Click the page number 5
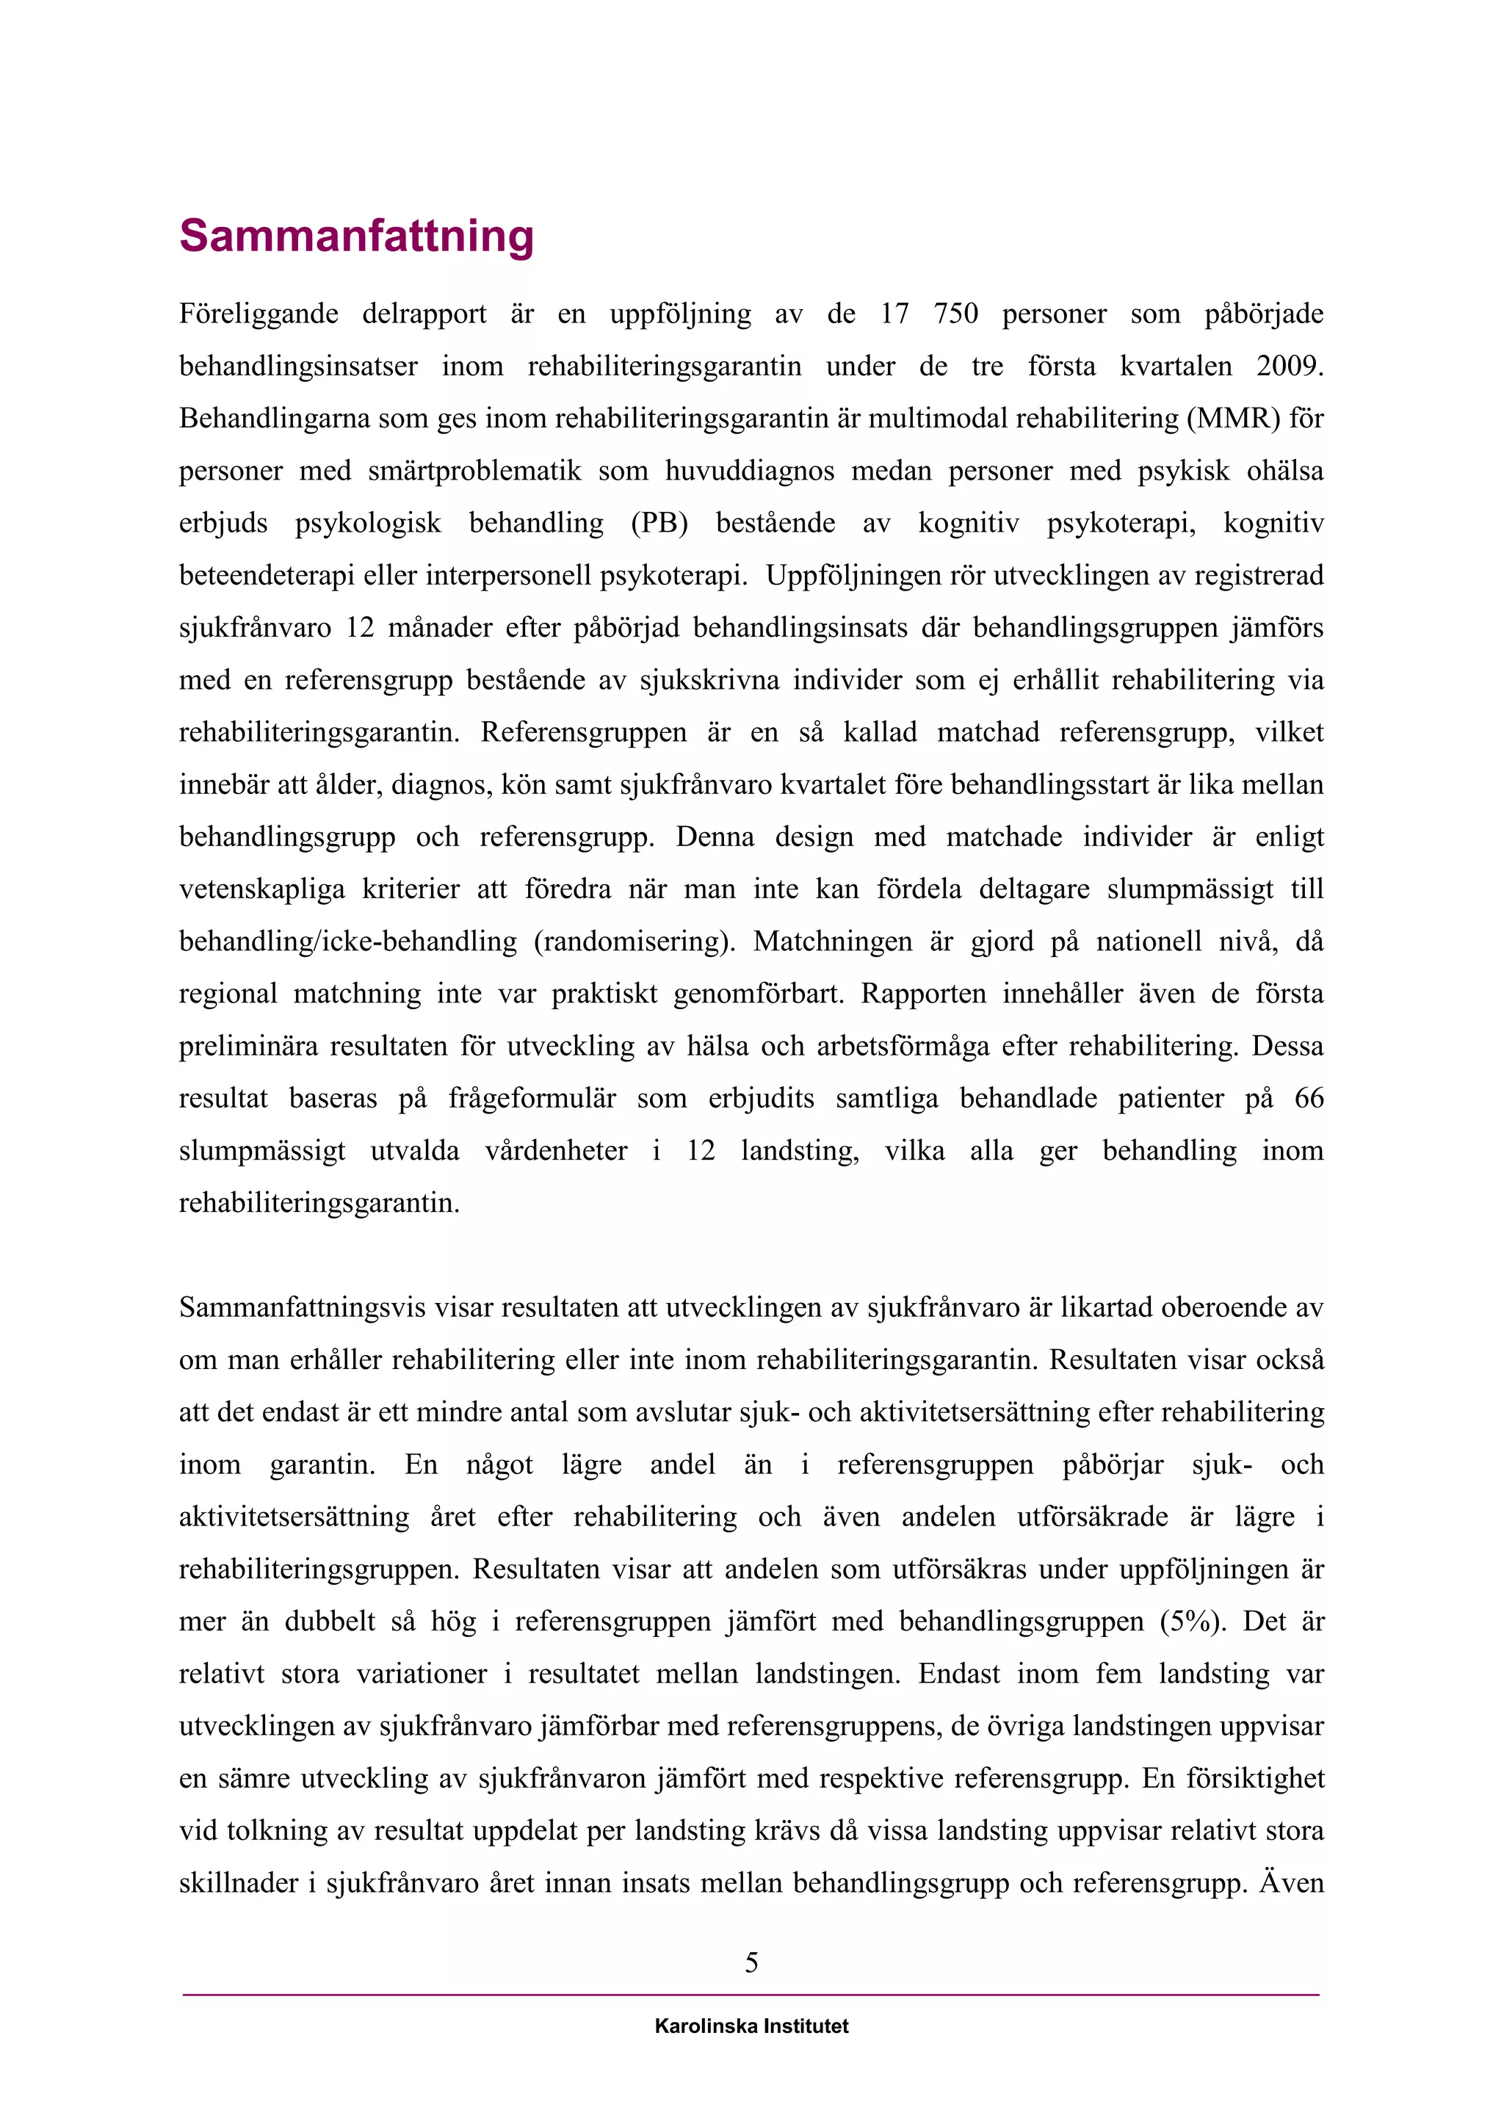click(x=751, y=1962)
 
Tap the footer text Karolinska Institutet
click(x=751, y=2026)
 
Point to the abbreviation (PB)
click(x=659, y=524)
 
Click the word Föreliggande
click(x=258, y=314)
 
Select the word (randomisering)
click(x=634, y=942)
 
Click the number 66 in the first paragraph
click(x=1309, y=1099)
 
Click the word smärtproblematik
click(x=474, y=472)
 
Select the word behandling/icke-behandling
click(x=347, y=942)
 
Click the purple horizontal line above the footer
click(x=751, y=1995)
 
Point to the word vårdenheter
click(x=556, y=1152)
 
